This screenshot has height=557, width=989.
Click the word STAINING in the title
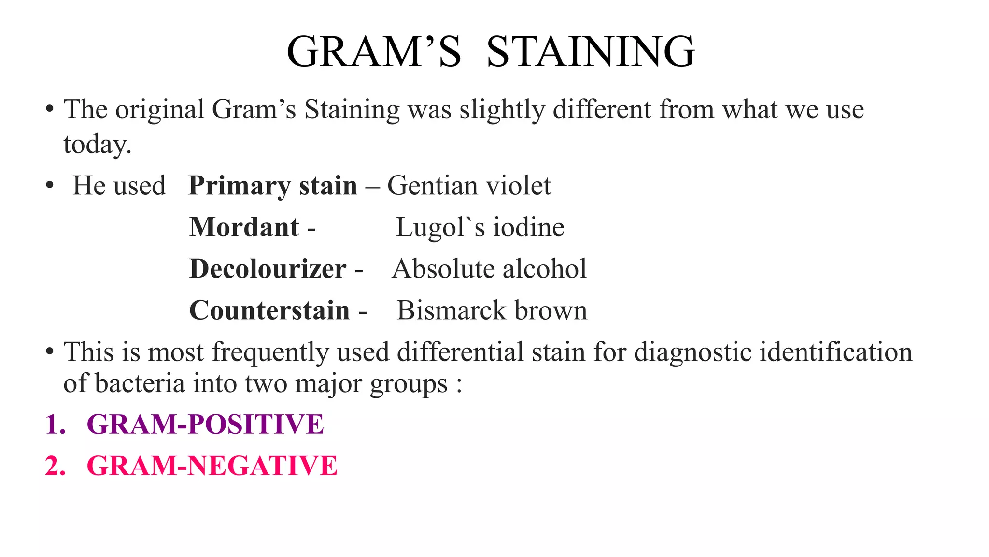pyautogui.click(x=591, y=52)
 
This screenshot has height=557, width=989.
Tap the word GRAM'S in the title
pyautogui.click(x=374, y=52)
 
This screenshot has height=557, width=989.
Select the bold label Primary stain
pyautogui.click(x=273, y=186)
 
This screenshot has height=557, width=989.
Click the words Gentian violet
pyautogui.click(x=469, y=186)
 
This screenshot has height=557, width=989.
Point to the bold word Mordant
pyautogui.click(x=244, y=227)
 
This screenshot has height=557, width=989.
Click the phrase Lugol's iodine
pyautogui.click(x=480, y=227)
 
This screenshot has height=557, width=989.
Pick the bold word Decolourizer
pyautogui.click(x=268, y=269)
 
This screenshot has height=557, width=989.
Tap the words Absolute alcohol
pyautogui.click(x=489, y=269)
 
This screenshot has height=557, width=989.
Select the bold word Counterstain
pyautogui.click(x=269, y=310)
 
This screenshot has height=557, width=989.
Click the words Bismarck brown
pyautogui.click(x=492, y=310)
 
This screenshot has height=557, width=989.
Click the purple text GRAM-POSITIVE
pyautogui.click(x=205, y=425)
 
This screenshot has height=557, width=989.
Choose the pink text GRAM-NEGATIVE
pyautogui.click(x=212, y=466)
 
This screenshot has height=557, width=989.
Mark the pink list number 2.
pyautogui.click(x=55, y=466)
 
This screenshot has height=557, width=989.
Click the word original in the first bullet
pyautogui.click(x=159, y=110)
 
